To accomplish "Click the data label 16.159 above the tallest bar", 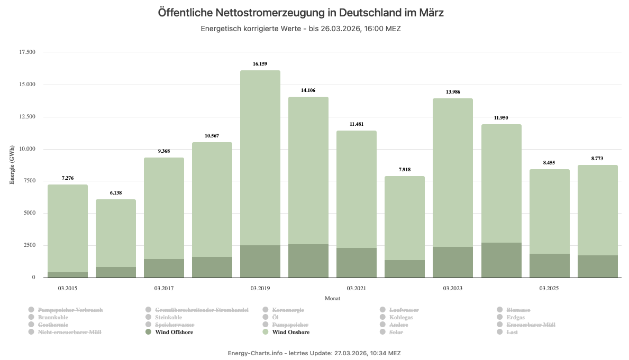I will pos(260,64).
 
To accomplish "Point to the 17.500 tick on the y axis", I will pos(26,52).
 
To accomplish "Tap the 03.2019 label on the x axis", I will pos(260,288).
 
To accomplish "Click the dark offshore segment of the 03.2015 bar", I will pos(67,275).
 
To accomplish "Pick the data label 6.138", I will pos(115,193).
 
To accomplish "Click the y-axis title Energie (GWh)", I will pos(12,164).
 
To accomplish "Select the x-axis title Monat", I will pos(332,298).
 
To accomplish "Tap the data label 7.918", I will pos(404,170).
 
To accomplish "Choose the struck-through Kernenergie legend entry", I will pos(288,310).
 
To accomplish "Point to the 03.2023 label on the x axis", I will pos(452,288).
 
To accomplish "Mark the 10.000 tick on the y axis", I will pos(26,149).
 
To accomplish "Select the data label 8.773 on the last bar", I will pos(597,159).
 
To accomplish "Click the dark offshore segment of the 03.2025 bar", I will pos(549,265).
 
